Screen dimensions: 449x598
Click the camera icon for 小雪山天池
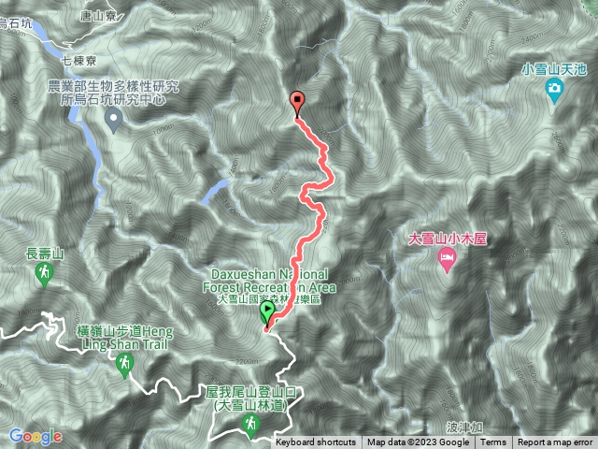(x=554, y=90)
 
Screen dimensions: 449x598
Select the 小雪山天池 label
(x=554, y=68)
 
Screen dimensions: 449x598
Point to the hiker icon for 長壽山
(x=43, y=273)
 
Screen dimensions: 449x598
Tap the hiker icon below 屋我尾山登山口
(x=250, y=426)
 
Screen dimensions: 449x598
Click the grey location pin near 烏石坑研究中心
(x=114, y=118)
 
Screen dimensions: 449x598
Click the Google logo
(x=36, y=436)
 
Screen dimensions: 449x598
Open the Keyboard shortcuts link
(x=315, y=442)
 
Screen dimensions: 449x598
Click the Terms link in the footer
(x=493, y=442)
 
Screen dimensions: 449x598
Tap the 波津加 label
(x=464, y=426)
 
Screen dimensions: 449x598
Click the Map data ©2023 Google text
(x=418, y=442)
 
